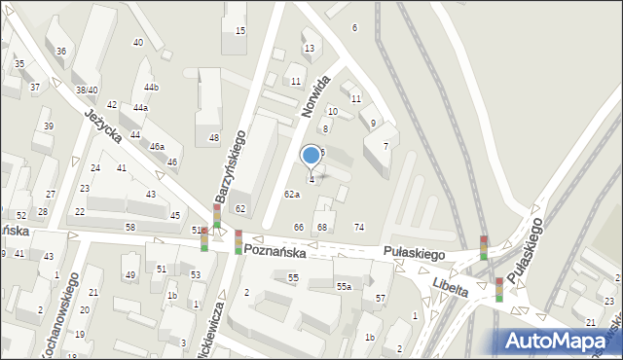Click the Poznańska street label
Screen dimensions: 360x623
click(275, 251)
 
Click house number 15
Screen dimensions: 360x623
click(240, 31)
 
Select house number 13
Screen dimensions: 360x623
click(309, 48)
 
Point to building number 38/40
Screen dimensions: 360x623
click(87, 90)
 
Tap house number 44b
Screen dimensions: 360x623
click(151, 88)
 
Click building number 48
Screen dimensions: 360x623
click(213, 138)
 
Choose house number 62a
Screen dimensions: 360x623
click(291, 195)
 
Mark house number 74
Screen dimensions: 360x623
click(359, 227)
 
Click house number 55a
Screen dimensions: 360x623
click(344, 286)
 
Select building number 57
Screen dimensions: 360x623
click(381, 298)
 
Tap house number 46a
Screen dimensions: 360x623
click(156, 146)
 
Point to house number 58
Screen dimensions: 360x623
click(130, 227)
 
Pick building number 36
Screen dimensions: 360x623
click(61, 51)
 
